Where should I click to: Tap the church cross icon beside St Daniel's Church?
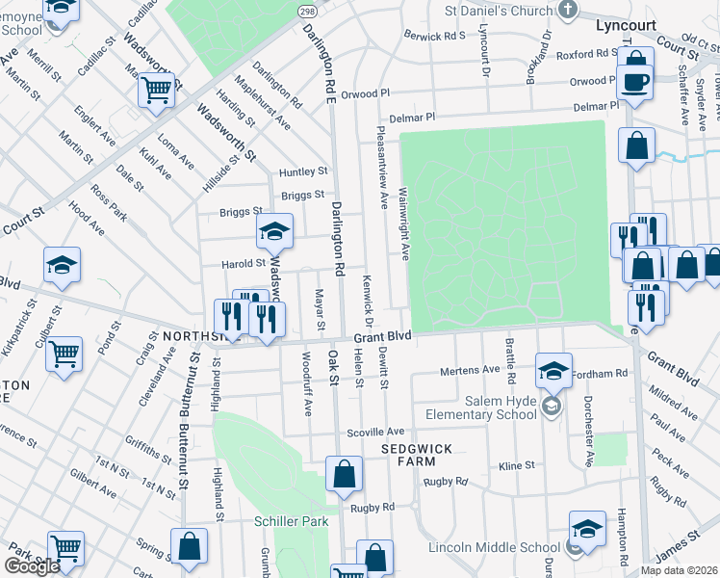tap(568, 11)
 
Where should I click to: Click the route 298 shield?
tap(306, 11)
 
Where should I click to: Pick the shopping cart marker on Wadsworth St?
tap(156, 92)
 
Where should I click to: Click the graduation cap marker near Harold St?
tap(274, 231)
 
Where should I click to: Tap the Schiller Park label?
tap(286, 521)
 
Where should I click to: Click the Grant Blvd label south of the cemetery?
tap(382, 337)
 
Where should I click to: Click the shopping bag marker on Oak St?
tap(344, 474)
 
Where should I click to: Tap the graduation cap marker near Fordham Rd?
tap(553, 370)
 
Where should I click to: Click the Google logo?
tap(31, 565)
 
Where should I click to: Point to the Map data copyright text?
tap(679, 570)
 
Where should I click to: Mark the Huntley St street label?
tap(303, 171)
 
